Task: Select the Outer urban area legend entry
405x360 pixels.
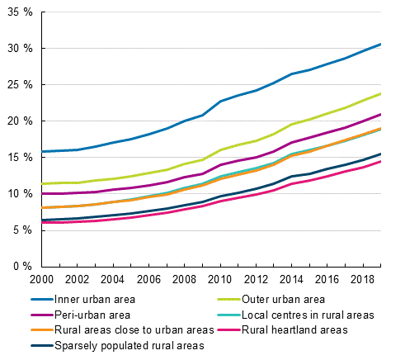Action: tap(276, 300)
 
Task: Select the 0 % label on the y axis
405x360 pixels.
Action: tap(22, 267)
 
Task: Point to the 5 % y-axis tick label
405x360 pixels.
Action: tap(22, 230)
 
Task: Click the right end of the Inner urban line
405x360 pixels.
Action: tap(379, 44)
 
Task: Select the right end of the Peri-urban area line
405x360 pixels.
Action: tap(379, 114)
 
